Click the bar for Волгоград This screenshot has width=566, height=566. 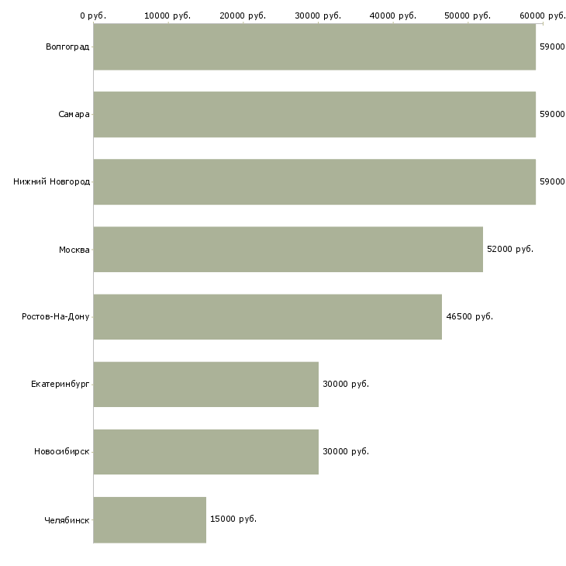tap(314, 47)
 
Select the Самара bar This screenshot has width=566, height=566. tap(314, 115)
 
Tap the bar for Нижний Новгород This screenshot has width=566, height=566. tap(314, 182)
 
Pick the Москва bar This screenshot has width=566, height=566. tap(288, 250)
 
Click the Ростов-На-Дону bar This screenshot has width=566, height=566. tap(267, 317)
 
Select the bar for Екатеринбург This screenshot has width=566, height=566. tap(205, 385)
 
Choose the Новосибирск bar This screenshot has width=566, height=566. tap(205, 452)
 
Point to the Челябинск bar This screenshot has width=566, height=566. tap(150, 519)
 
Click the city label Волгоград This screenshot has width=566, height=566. tap(67, 47)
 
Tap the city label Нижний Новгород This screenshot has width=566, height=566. tap(51, 182)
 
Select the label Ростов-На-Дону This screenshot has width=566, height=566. tap(56, 317)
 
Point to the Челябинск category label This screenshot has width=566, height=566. tap(67, 519)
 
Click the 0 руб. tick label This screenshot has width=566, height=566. tap(93, 16)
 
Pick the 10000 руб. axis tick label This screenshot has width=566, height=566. tap(167, 16)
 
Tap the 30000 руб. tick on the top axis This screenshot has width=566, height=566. tap(318, 16)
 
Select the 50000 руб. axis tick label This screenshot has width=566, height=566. tap(468, 16)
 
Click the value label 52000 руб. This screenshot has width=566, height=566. tap(509, 250)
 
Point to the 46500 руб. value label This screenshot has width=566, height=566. tap(469, 317)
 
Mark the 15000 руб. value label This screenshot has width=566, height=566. tap(233, 519)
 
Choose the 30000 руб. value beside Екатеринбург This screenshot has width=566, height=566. tap(345, 385)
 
